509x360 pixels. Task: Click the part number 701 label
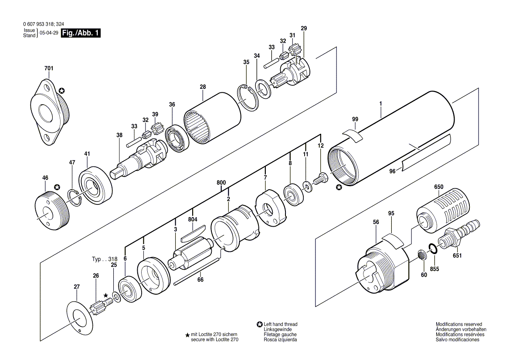[x=48, y=68]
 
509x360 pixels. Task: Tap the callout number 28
[x=203, y=87]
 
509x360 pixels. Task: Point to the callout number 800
[x=221, y=183]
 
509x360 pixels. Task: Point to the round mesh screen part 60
[x=422, y=255]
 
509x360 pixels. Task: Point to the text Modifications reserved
[x=458, y=324]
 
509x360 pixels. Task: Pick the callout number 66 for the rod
[x=200, y=280]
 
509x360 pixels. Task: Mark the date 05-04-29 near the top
[x=49, y=33]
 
